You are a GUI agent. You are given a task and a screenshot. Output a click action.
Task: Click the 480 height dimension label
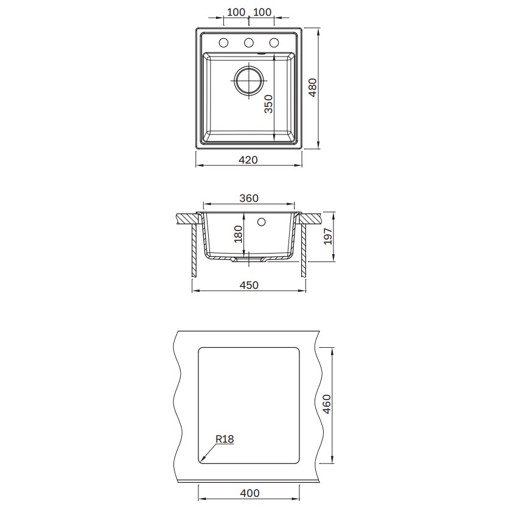[313, 88]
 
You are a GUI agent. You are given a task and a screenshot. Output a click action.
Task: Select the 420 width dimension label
[248, 159]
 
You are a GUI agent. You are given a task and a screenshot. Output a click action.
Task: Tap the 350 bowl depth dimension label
[268, 103]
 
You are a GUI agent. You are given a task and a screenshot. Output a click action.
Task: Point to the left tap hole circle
[223, 43]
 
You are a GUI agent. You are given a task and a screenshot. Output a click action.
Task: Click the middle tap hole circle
[249, 43]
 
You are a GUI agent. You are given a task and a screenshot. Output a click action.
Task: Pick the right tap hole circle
[274, 43]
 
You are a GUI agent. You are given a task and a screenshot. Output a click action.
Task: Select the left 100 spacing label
[236, 12]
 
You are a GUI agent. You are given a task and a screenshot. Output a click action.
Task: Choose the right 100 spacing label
[262, 12]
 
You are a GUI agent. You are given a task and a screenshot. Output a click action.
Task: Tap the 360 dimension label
[249, 198]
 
